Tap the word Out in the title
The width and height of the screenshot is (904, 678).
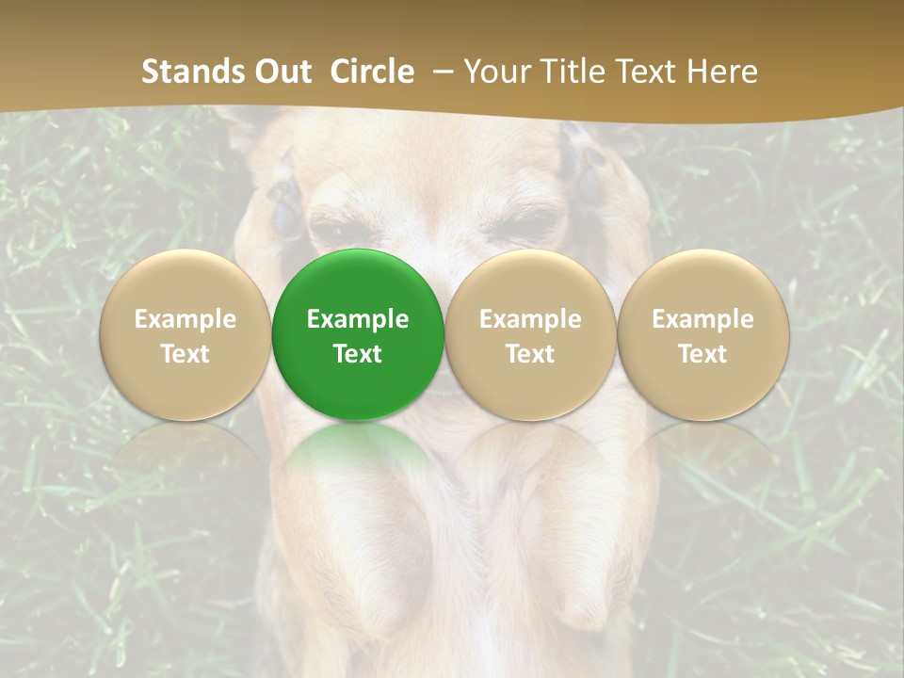click(x=280, y=72)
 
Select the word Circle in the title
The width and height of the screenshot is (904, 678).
click(x=372, y=72)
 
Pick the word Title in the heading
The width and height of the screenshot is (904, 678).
click(x=575, y=72)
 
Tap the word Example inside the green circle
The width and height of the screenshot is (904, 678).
click(x=358, y=319)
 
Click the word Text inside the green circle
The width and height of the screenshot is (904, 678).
click(x=358, y=354)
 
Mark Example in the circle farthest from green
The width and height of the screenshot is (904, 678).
click(x=703, y=319)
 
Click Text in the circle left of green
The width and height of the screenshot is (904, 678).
click(x=185, y=354)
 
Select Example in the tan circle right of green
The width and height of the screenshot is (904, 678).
click(x=530, y=319)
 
